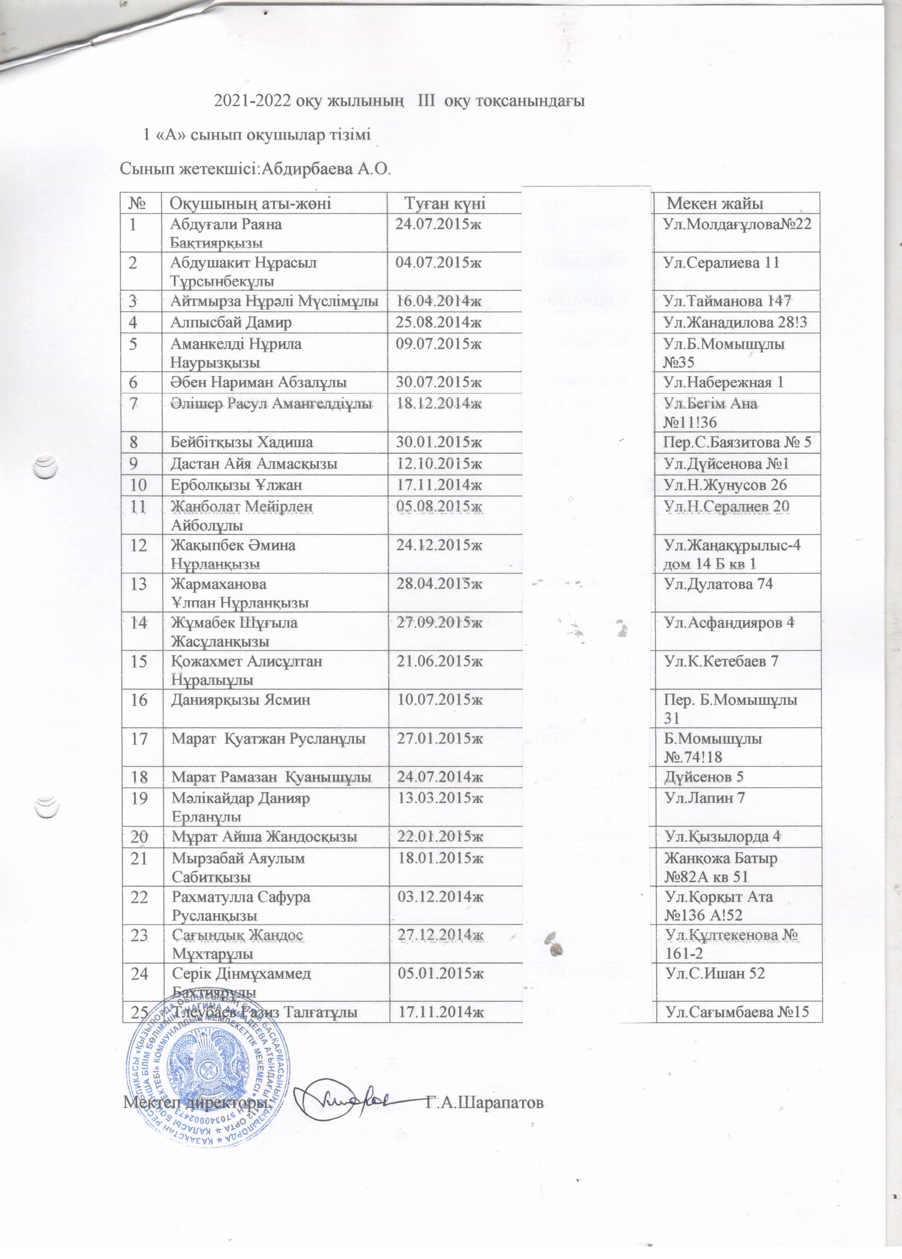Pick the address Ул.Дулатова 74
coord(718,584)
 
